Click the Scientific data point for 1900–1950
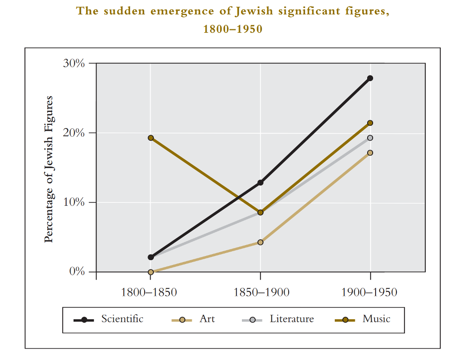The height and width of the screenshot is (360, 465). (x=370, y=78)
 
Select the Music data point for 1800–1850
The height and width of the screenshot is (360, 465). (x=151, y=138)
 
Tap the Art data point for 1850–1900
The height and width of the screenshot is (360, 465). (x=260, y=242)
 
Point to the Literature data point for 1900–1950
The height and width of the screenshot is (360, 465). (x=370, y=138)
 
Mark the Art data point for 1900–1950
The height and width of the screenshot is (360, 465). (x=370, y=153)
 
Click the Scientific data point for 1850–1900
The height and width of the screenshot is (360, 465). (x=260, y=182)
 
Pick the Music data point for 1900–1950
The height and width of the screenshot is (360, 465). (x=370, y=123)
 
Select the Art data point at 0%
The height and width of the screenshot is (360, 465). (x=151, y=272)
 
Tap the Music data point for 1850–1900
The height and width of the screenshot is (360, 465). (x=260, y=212)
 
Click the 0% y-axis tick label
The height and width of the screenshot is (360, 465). (x=76, y=272)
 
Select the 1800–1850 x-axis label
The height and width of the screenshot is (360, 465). (x=149, y=292)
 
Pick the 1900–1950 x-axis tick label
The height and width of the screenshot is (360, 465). (x=370, y=292)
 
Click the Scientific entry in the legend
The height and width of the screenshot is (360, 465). (x=122, y=319)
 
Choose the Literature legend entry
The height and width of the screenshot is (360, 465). (x=292, y=319)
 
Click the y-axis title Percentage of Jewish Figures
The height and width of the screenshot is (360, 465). (x=49, y=169)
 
